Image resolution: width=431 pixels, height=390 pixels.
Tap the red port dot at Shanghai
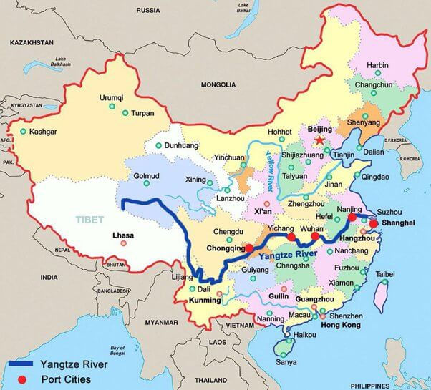click(x=374, y=223)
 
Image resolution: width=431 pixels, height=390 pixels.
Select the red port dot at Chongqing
click(x=248, y=248)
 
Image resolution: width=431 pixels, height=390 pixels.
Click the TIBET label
click(x=90, y=220)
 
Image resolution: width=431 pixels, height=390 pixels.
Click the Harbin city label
click(x=377, y=65)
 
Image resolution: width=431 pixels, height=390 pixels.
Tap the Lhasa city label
click(x=123, y=234)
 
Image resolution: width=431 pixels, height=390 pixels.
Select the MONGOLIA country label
click(x=218, y=84)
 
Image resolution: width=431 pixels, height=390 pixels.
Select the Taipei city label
click(x=385, y=274)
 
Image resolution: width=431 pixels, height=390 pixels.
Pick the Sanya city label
click(x=286, y=362)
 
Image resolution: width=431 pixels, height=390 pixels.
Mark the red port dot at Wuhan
click(x=315, y=236)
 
